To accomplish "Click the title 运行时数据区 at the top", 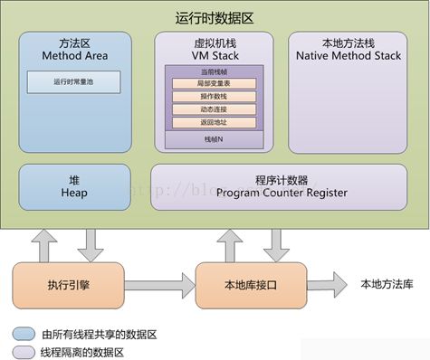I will [215, 17].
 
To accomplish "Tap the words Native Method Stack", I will [349, 55].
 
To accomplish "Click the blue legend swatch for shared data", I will [21, 334].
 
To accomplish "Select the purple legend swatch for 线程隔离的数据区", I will [21, 351].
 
